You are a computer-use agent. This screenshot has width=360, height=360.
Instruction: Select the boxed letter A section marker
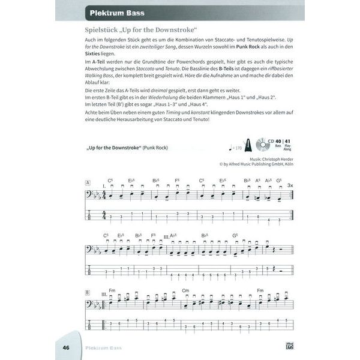pos(88,182)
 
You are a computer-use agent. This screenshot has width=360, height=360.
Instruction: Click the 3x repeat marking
pos(290,185)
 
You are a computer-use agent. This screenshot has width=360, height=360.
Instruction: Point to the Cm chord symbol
pos(187,291)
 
